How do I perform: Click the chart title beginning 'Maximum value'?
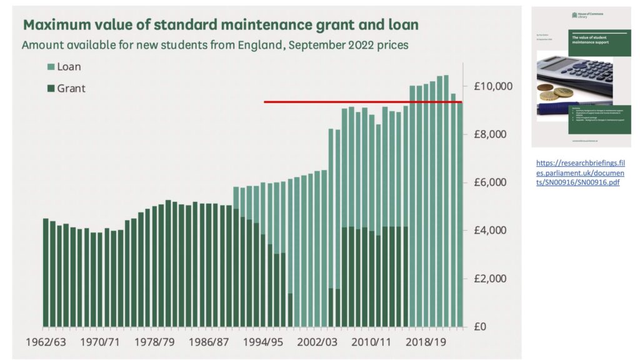(x=221, y=25)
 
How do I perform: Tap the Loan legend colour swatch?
(x=50, y=67)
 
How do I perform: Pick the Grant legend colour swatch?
(x=50, y=88)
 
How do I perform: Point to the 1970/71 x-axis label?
(x=102, y=342)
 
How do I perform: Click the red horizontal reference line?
(x=362, y=102)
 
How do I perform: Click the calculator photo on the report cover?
(x=575, y=78)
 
